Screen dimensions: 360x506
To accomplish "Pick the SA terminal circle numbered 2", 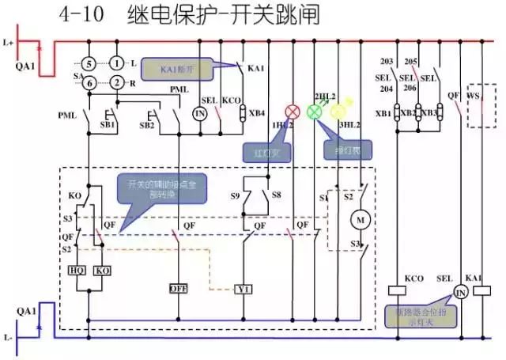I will [x=117, y=82].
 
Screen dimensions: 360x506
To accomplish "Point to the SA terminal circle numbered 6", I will [x=89, y=82].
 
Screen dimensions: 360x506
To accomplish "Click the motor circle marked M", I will [x=361, y=218].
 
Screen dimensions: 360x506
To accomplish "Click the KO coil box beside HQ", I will [x=103, y=270].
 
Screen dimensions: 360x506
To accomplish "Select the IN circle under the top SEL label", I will [x=200, y=114].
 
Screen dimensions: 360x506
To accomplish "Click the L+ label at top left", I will [x=9, y=40].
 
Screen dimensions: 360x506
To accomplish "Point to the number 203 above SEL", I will [x=387, y=62].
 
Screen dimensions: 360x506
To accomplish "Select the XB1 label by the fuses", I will [x=383, y=114].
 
